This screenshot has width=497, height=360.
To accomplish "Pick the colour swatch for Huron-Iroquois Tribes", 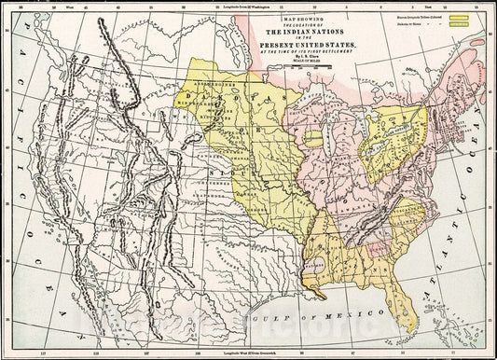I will tap(458, 16).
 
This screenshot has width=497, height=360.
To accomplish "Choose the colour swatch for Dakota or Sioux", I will tap(458, 24).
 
